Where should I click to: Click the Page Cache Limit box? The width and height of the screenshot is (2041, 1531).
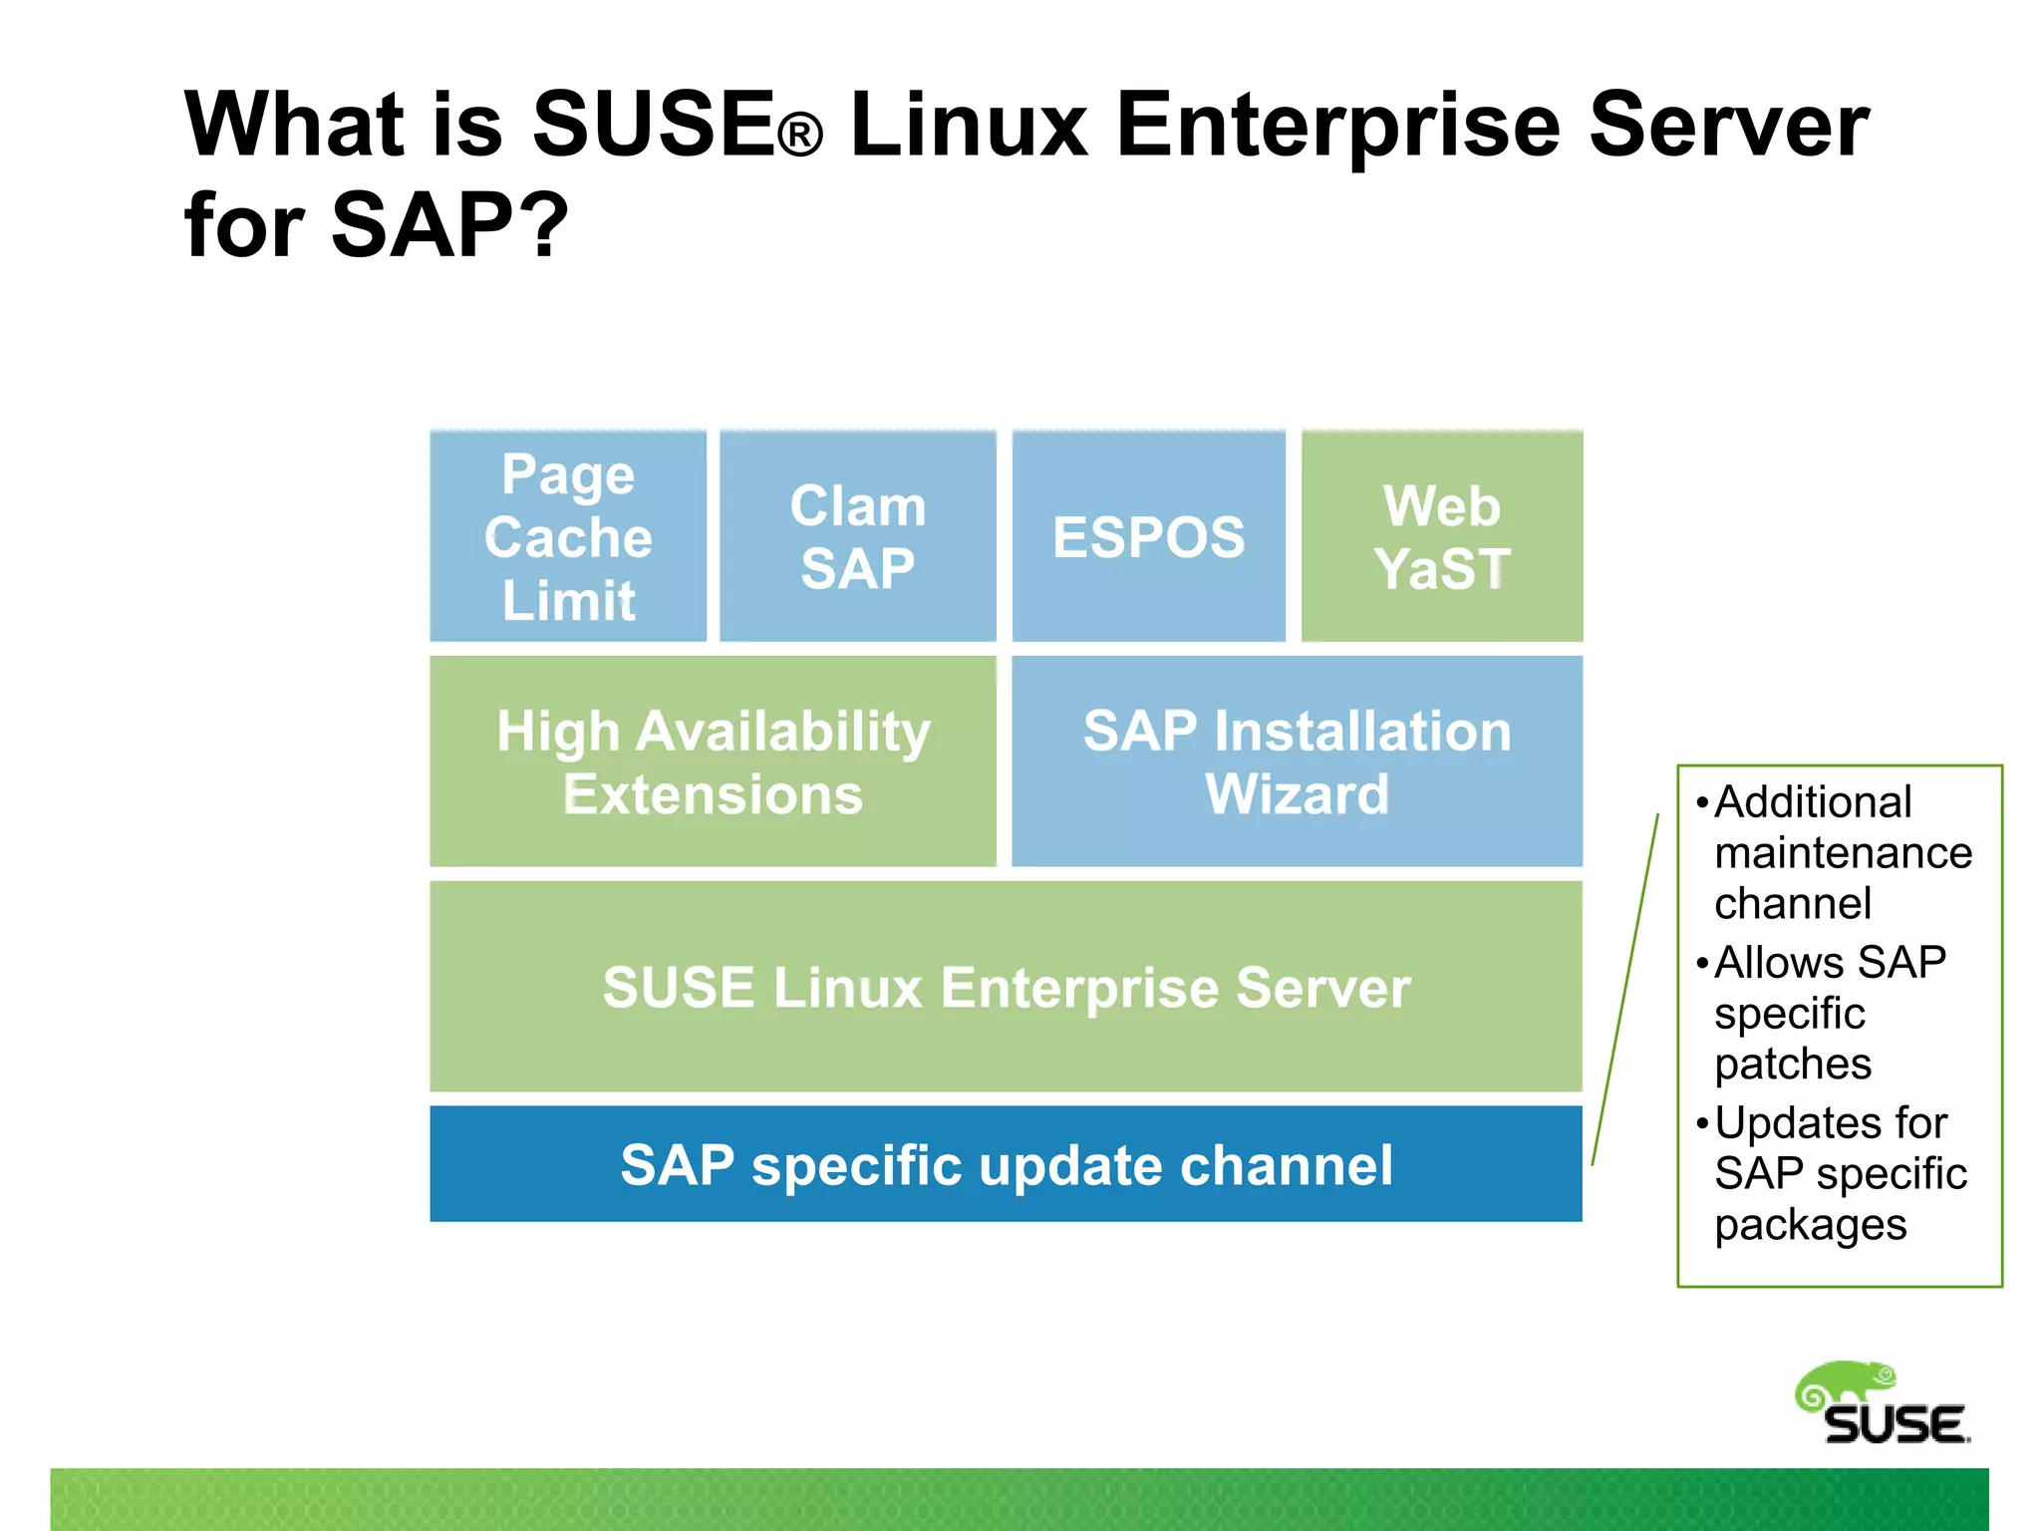coord(568,536)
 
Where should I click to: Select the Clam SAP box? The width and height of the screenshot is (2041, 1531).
coord(857,536)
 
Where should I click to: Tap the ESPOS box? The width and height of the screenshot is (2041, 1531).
coord(1148,536)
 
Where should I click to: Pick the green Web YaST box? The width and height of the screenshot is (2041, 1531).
coord(1441,536)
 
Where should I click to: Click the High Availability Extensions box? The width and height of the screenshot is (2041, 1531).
coord(713,762)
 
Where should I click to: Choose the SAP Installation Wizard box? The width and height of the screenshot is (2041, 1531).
coord(1297,762)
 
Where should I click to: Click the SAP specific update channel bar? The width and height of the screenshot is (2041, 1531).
coord(1006,1164)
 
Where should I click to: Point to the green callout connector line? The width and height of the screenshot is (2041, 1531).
coord(1626,987)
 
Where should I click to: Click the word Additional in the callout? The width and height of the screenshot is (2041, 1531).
coord(1812,802)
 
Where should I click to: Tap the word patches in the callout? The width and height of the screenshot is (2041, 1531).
coord(1792,1065)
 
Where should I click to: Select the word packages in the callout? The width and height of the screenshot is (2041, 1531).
coord(1810,1225)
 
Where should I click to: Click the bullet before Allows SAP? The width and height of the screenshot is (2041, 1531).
coord(1702,963)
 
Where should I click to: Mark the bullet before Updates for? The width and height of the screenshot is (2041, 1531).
coord(1702,1123)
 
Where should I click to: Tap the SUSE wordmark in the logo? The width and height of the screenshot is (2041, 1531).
coord(1895,1425)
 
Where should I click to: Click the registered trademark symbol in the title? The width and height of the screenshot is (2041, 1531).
coord(799,135)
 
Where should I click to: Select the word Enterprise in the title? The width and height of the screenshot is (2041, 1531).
coord(1337,125)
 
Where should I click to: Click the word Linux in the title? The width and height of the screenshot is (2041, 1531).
coord(969,125)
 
